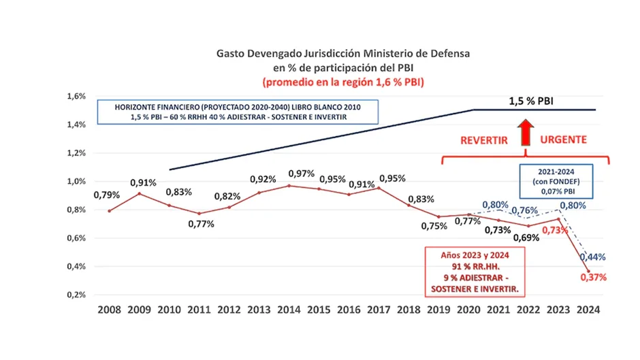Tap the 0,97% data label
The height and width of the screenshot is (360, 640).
(301, 174)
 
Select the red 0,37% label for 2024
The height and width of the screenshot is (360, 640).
(593, 277)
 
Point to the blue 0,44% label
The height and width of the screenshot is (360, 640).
(592, 257)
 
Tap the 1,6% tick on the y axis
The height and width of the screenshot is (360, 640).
(76, 97)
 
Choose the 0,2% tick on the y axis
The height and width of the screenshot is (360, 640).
(76, 295)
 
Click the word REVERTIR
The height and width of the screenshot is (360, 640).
(485, 140)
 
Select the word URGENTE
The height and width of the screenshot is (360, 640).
(564, 140)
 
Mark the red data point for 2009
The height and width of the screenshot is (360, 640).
(139, 194)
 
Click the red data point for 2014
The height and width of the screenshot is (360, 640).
(289, 186)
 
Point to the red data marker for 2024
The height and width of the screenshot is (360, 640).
(588, 271)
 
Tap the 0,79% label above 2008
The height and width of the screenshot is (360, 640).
(107, 195)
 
